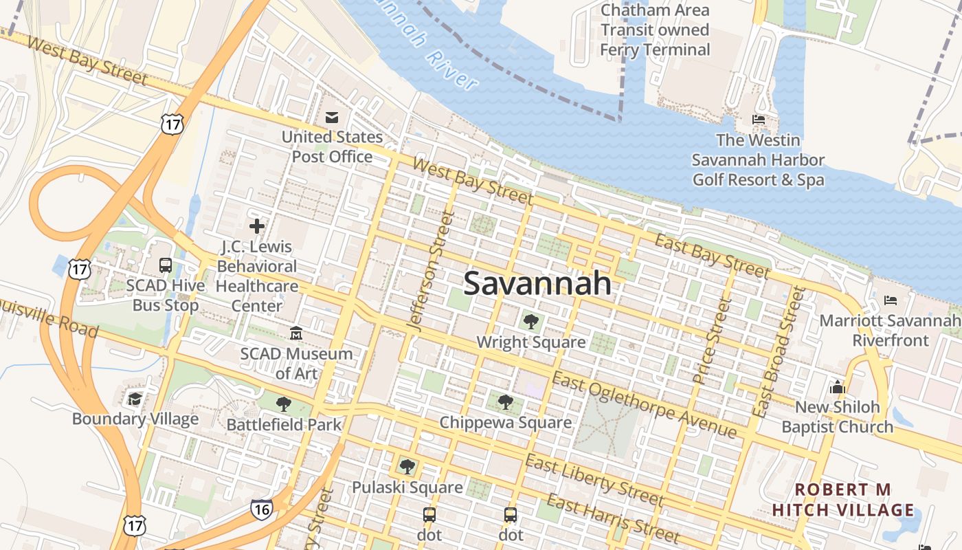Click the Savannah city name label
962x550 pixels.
[x=537, y=283]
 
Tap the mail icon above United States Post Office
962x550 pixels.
[x=332, y=118]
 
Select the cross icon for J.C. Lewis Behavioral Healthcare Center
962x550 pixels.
[x=257, y=226]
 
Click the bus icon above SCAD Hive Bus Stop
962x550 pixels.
[x=166, y=265]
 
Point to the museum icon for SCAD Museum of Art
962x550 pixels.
[x=296, y=333]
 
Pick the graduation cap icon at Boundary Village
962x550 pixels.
[x=135, y=399]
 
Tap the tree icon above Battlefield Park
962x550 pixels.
[x=283, y=404]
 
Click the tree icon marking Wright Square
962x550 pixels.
[x=530, y=321]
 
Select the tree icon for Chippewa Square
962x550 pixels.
[x=506, y=401]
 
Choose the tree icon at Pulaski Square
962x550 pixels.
[x=407, y=467]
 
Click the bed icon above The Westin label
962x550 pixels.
[x=759, y=120]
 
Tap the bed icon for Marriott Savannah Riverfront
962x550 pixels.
[x=891, y=300]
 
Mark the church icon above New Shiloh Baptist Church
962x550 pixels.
[x=837, y=387]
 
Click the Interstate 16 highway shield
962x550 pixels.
[x=261, y=509]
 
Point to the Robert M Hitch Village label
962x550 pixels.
[x=843, y=500]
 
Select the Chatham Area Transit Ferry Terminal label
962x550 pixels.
[x=654, y=30]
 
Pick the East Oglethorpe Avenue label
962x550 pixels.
[x=644, y=405]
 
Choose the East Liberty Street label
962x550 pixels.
[x=594, y=479]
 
